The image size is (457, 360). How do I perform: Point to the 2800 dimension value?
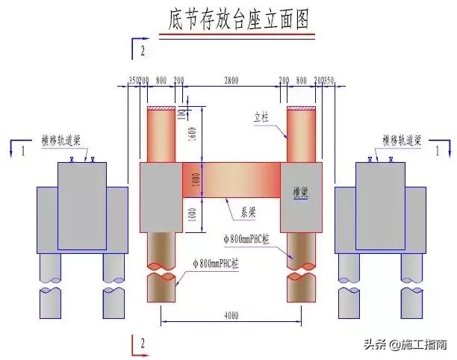click(x=230, y=78)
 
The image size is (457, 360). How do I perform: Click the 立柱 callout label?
click(x=261, y=117)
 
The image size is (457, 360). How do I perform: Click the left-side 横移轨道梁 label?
click(x=65, y=140)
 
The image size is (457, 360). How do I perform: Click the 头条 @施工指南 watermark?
click(x=404, y=344)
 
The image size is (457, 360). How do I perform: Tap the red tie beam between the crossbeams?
click(x=231, y=181)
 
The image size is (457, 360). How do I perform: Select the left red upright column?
click(x=161, y=134)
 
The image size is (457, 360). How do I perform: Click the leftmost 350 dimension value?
click(x=133, y=79)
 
